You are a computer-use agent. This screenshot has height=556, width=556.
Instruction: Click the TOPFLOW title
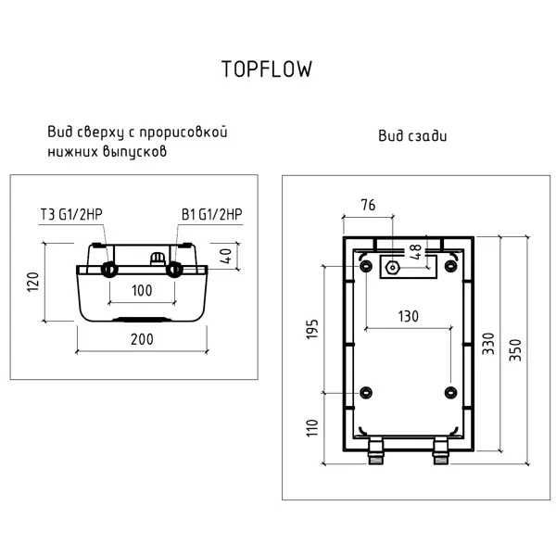click(266, 69)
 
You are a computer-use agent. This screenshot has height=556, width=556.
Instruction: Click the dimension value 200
click(142, 340)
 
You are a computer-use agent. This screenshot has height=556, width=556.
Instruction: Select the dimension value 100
click(142, 290)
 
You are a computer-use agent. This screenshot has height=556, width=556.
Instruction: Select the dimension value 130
click(408, 316)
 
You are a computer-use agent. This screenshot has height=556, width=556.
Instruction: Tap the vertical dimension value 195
click(311, 330)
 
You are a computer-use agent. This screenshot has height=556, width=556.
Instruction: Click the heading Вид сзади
click(411, 136)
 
